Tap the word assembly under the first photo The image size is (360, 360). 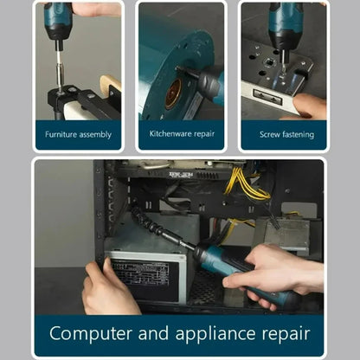(x=93, y=134)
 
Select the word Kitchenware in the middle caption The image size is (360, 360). (x=169, y=134)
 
